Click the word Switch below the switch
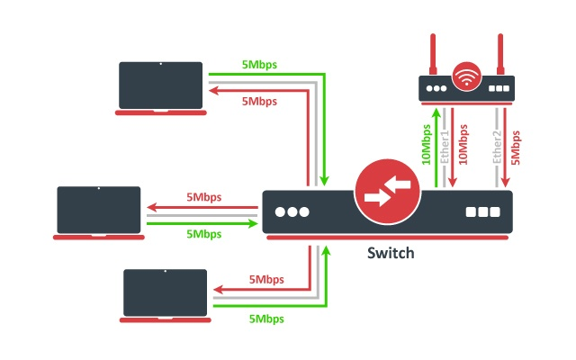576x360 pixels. coord(391,253)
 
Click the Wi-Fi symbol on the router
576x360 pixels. coord(466,76)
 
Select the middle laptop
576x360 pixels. coord(99,211)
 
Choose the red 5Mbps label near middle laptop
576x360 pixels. coord(203,197)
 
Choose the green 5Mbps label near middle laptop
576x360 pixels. coord(203,234)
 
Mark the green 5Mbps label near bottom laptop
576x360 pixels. coord(267,319)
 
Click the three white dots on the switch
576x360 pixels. coord(292,212)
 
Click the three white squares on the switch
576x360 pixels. coord(482,213)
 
